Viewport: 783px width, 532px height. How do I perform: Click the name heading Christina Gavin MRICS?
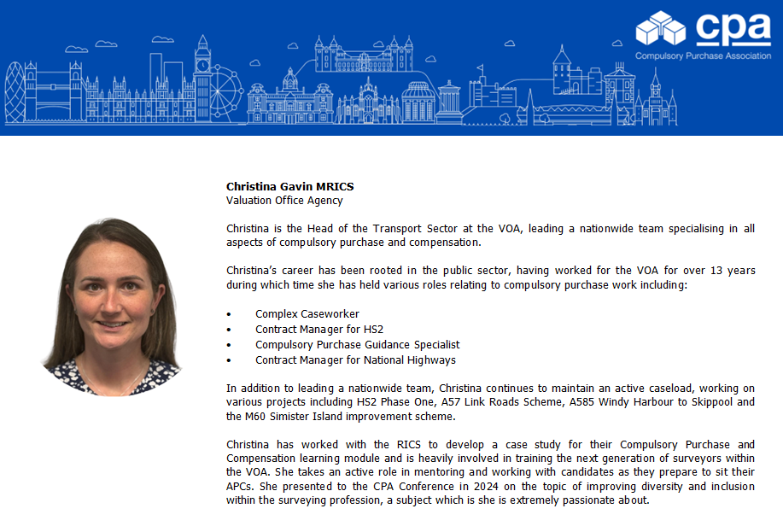289,186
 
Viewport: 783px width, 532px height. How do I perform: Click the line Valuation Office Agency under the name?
284,201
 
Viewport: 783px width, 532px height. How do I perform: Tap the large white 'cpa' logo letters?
733,30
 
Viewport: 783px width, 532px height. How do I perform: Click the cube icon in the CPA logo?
660,27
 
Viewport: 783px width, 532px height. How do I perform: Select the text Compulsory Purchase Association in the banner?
702,56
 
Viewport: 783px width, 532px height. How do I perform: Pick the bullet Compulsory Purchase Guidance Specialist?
357,344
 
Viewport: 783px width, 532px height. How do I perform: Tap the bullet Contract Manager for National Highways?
355,360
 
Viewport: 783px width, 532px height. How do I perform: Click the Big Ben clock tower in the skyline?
202,77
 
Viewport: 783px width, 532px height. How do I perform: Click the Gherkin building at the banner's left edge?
15,92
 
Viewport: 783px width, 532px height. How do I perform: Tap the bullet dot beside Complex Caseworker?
229,314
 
